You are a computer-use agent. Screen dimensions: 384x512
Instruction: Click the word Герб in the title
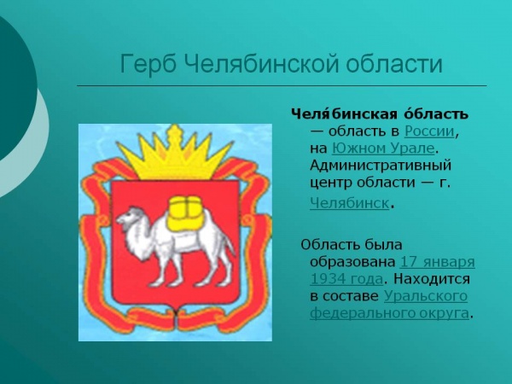click(146, 64)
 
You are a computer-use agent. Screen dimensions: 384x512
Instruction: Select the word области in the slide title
click(393, 64)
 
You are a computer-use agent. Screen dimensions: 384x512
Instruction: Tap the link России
click(430, 131)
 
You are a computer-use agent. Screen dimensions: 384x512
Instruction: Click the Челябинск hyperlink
click(351, 203)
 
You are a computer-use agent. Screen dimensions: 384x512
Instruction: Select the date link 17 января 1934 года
click(437, 261)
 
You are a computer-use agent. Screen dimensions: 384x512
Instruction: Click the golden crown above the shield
click(176, 154)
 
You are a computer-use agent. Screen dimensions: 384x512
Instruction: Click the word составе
click(352, 295)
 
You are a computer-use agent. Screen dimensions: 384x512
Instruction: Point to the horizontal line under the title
click(282, 86)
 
